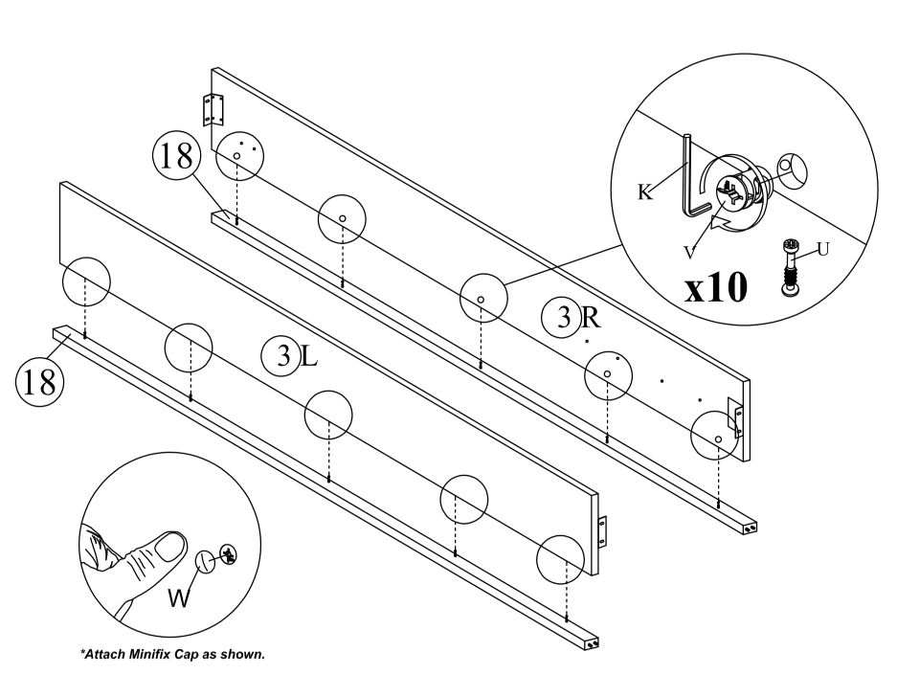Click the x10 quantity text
(x=716, y=287)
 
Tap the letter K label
(x=644, y=191)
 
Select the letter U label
(x=822, y=249)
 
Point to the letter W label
(x=179, y=598)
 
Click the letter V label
(x=689, y=252)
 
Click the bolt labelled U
(x=789, y=267)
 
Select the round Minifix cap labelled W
(x=206, y=561)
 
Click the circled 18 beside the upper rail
(x=177, y=157)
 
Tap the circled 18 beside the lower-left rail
(x=40, y=382)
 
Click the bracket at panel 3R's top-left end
(x=213, y=109)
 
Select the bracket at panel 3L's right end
(x=601, y=531)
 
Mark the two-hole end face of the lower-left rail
(x=592, y=643)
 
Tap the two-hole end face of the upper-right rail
(x=751, y=527)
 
